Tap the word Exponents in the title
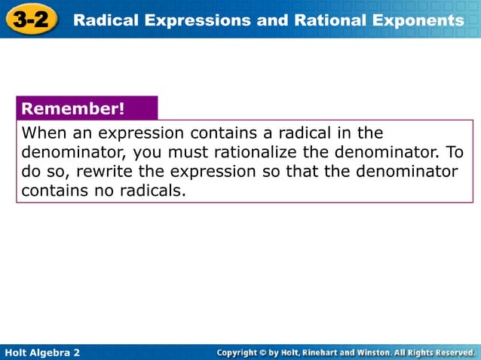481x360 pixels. pos(419,20)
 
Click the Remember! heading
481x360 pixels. pos(73,108)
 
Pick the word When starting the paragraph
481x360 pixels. pos(44,133)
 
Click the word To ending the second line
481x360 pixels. pos(455,152)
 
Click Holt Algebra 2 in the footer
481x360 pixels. pos(42,352)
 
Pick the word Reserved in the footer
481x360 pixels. pos(451,352)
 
